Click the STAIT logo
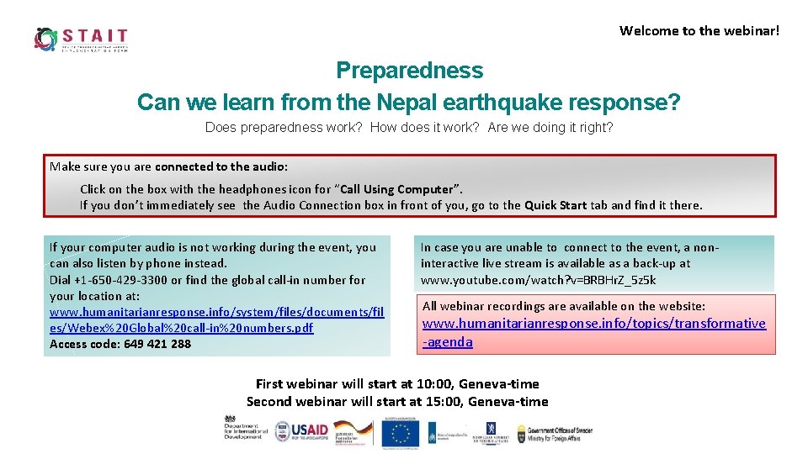81,39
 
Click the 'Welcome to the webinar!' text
699,31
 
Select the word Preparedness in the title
409,71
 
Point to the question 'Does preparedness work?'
284,128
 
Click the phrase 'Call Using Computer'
399,189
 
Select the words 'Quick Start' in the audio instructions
555,205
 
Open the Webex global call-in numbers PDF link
216,319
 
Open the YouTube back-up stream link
538,280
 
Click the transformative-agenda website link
593,332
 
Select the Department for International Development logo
244,427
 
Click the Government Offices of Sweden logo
554,433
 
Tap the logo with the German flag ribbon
353,431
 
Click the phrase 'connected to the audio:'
221,166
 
